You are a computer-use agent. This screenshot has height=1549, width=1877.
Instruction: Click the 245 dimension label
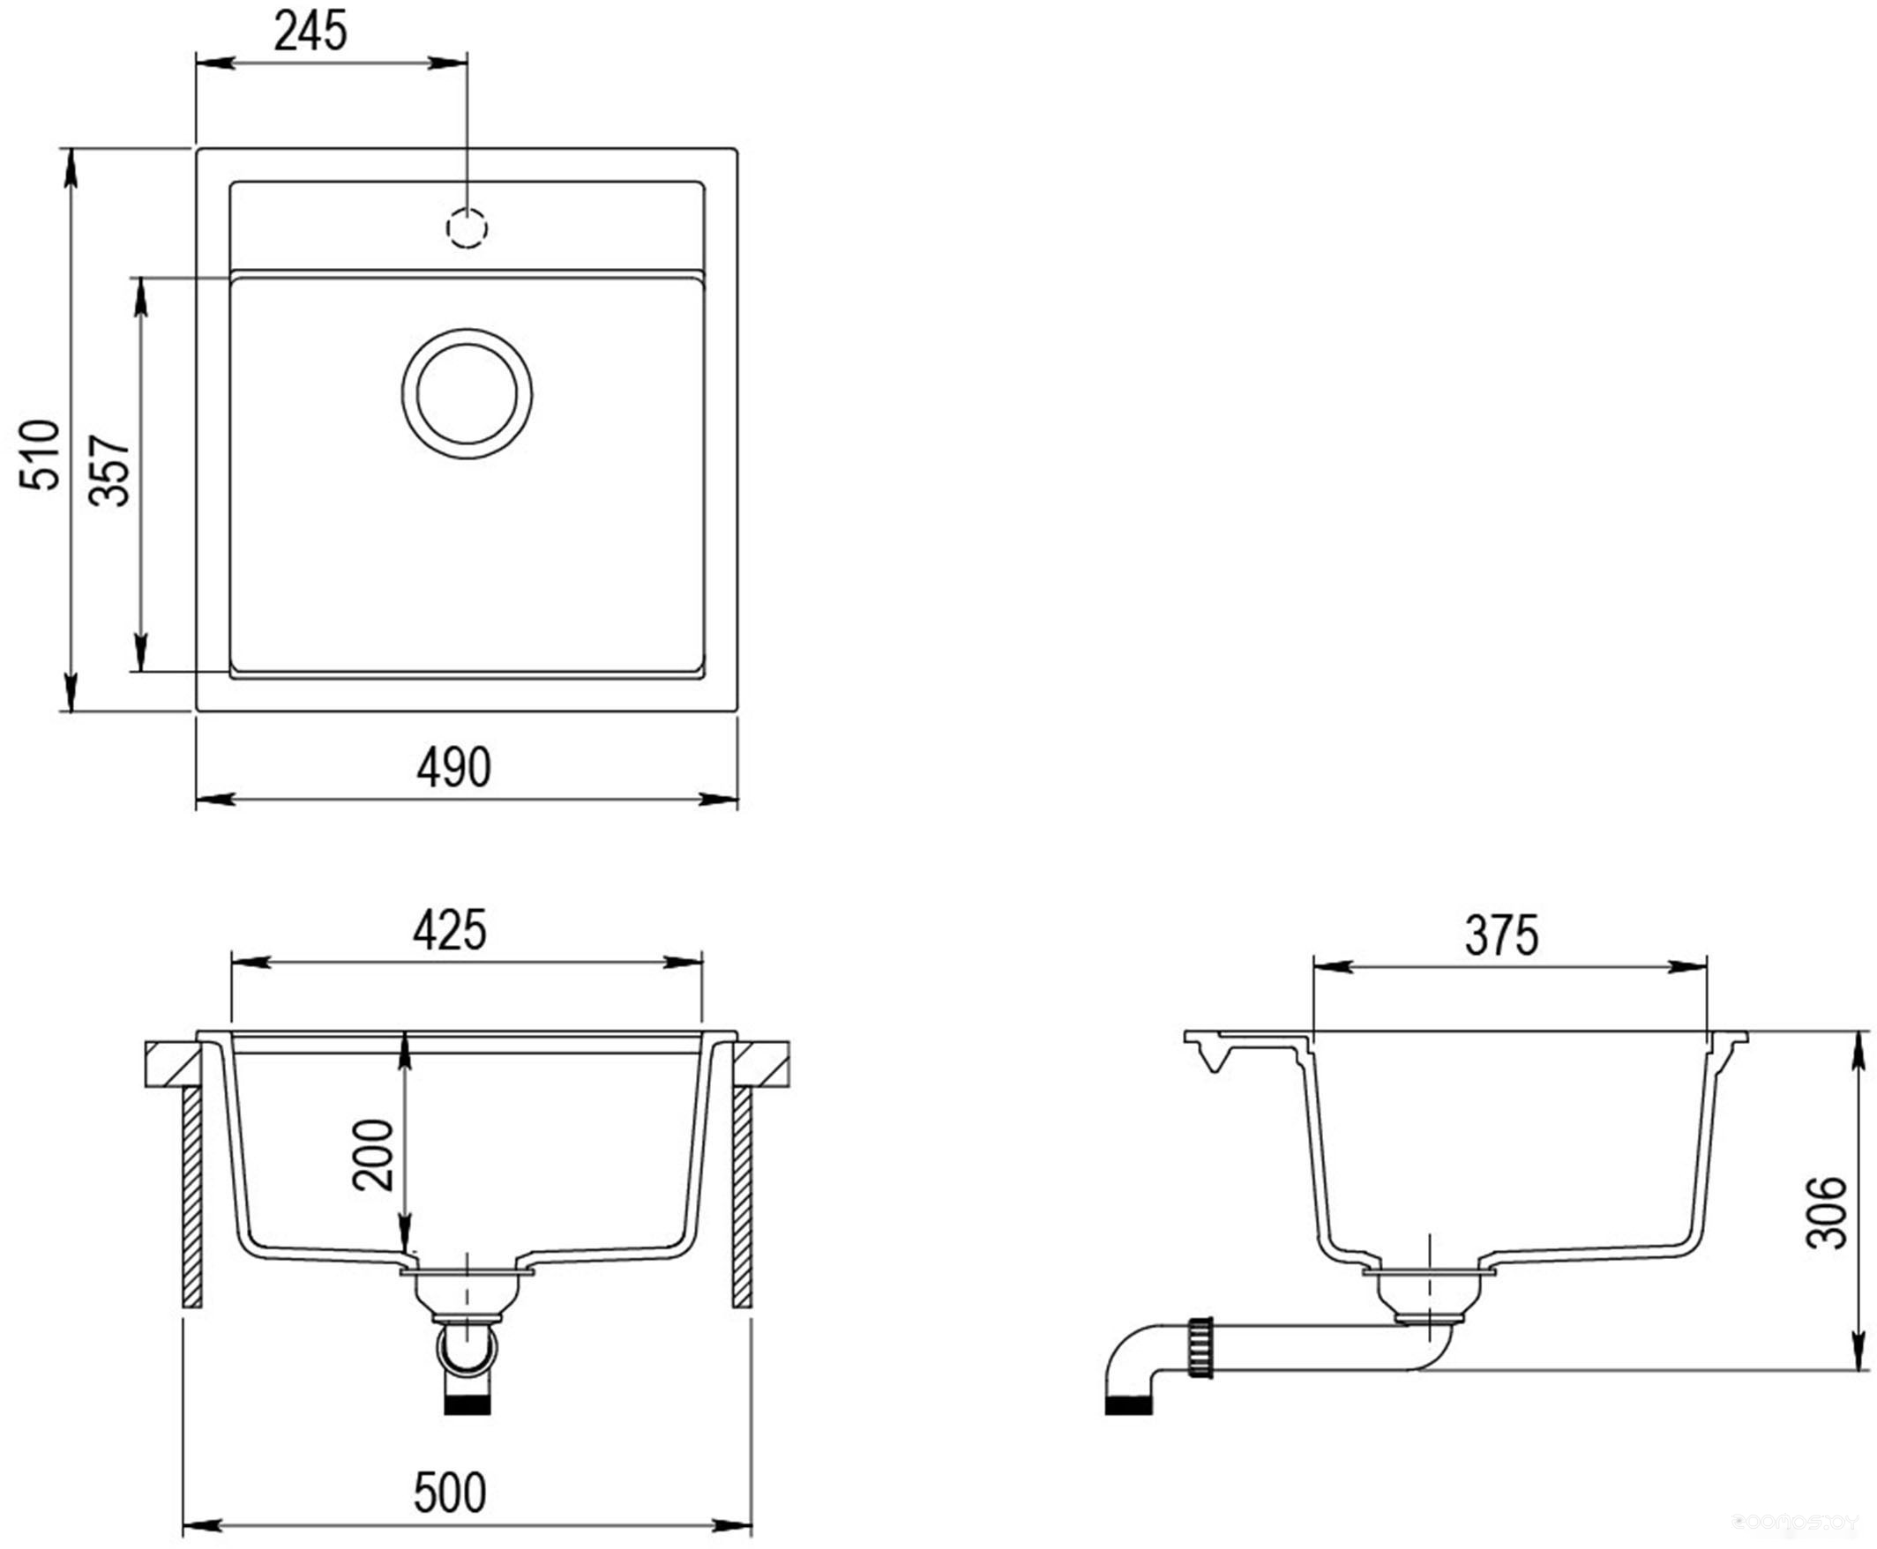(310, 32)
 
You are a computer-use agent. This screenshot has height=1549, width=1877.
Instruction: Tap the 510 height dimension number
(41, 454)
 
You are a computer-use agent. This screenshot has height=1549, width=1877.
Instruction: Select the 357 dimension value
(110, 471)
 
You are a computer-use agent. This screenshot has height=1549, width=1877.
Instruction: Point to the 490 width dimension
(453, 766)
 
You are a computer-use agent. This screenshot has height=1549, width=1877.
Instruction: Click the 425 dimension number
(450, 931)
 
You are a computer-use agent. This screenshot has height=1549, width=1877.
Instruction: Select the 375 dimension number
(1502, 936)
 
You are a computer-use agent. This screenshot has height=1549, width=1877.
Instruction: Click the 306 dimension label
(1826, 1212)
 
